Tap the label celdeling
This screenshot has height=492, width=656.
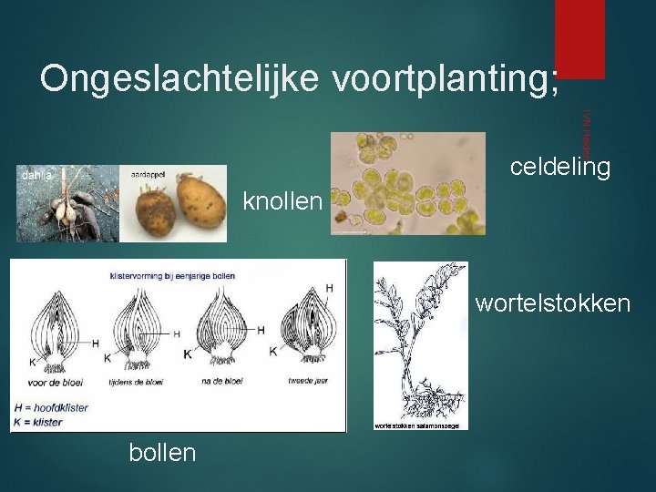(559, 167)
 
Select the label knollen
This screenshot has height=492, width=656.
(282, 200)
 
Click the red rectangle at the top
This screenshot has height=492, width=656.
(580, 38)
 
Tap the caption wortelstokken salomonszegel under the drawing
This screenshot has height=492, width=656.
(413, 425)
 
